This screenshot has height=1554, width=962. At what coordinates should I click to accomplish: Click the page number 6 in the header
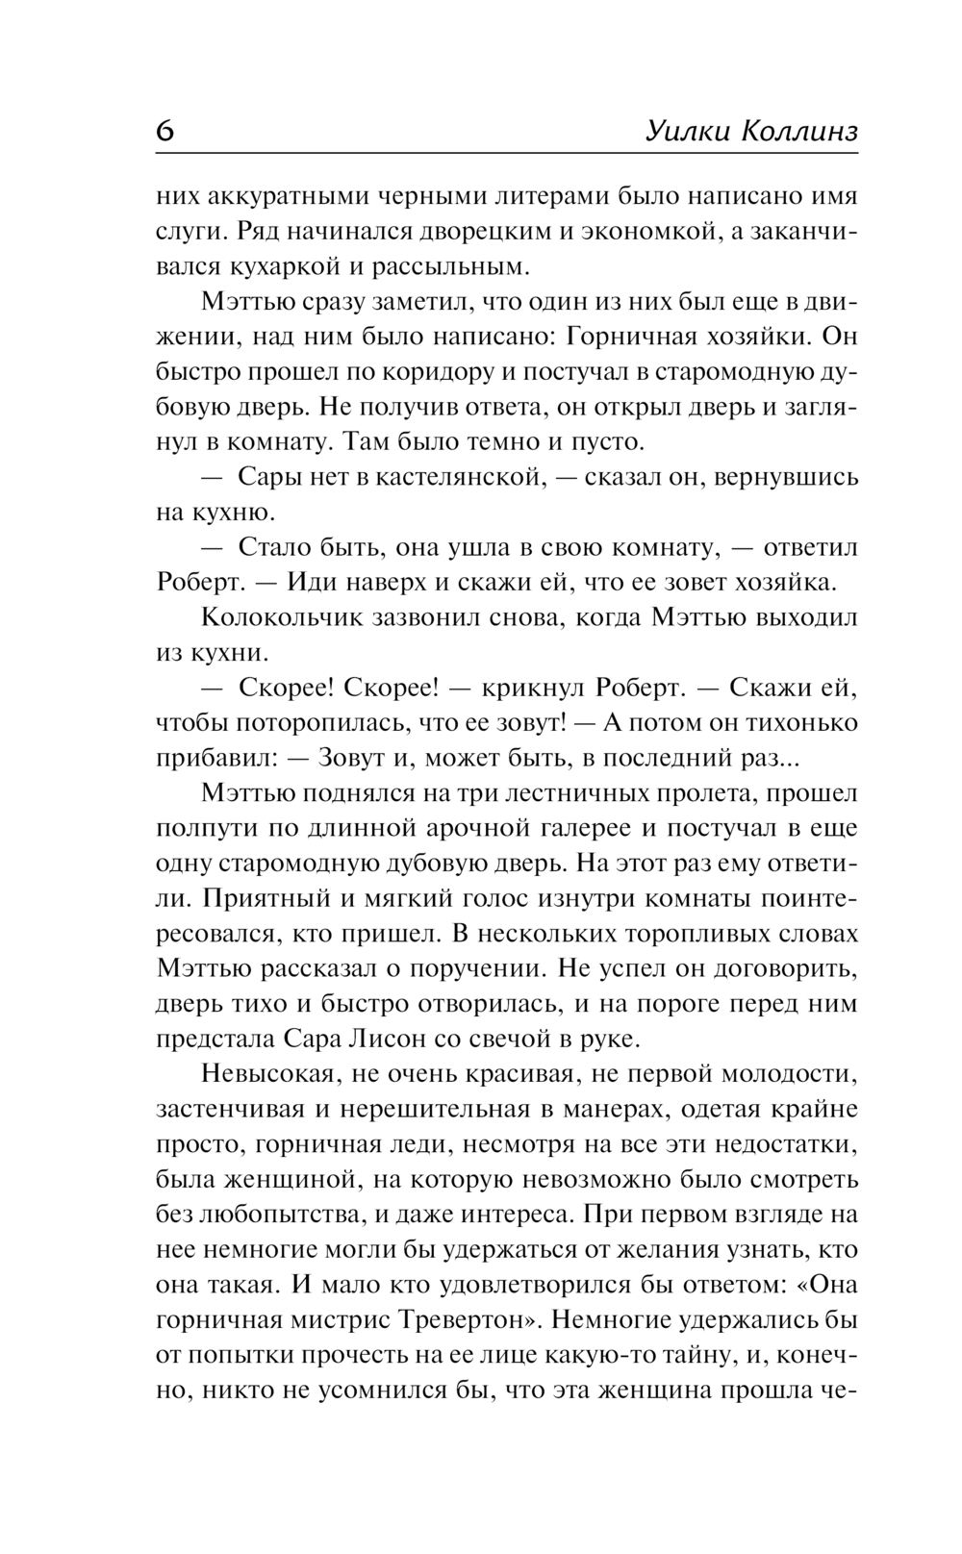165,132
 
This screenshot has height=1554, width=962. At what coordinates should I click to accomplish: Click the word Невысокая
273,1074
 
